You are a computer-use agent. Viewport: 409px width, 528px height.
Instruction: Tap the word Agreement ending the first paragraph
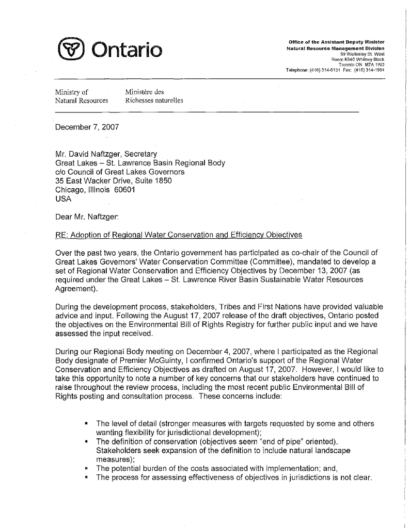pos(76,289)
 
